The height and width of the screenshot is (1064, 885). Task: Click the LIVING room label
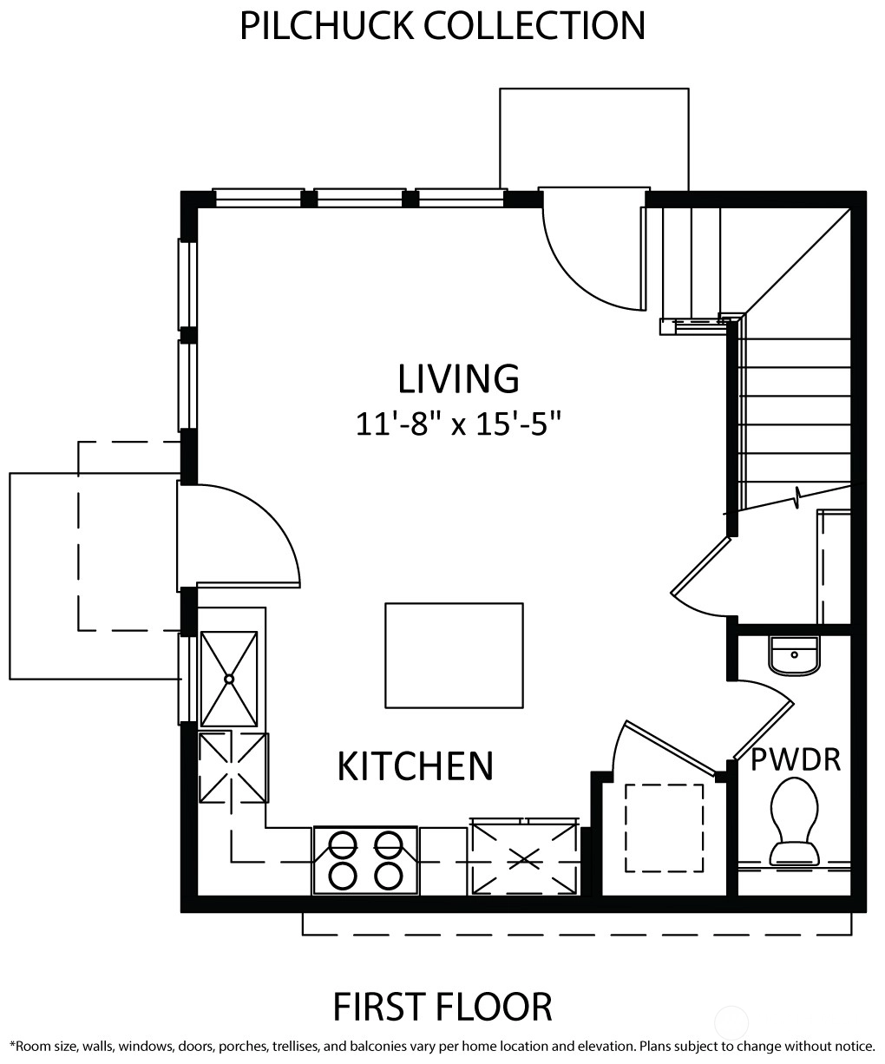458,378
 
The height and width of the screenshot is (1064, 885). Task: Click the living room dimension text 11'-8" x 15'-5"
458,424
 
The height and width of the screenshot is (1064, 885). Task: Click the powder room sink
794,655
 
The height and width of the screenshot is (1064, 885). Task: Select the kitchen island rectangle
454,655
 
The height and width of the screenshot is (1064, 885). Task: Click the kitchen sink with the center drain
229,679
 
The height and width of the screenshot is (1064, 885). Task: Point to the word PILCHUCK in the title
326,26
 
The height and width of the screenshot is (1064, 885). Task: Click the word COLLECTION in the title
534,26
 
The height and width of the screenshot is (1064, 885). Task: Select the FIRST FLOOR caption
442,1007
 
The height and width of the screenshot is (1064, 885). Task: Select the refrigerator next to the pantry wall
524,857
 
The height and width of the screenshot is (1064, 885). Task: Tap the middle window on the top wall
360,198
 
